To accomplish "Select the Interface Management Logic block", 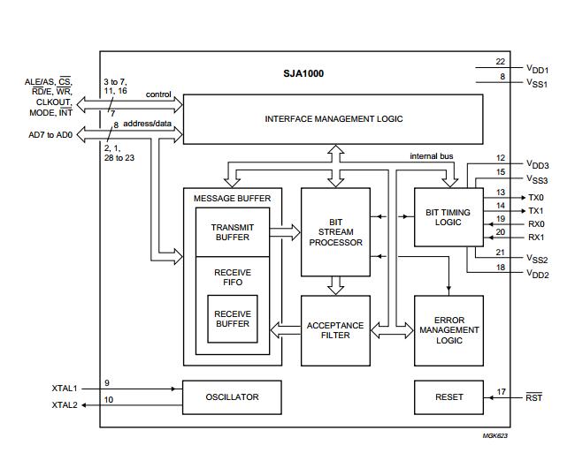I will pyautogui.click(x=333, y=118).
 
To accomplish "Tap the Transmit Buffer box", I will pyautogui.click(x=232, y=232).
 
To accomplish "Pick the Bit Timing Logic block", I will pyautogui.click(x=448, y=217).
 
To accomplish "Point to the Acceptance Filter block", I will pyautogui.click(x=334, y=330).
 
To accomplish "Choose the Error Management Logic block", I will pyautogui.click(x=448, y=329).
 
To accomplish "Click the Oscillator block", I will pyautogui.click(x=232, y=396).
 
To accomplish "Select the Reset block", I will pyautogui.click(x=448, y=396).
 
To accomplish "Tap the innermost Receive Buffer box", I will pyautogui.click(x=232, y=319).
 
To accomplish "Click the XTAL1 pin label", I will pyautogui.click(x=65, y=388).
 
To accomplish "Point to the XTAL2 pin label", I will pyautogui.click(x=65, y=404).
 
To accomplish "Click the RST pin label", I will pyautogui.click(x=533, y=397).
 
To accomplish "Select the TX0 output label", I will pyautogui.click(x=536, y=197).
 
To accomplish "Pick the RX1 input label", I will pyautogui.click(x=536, y=237).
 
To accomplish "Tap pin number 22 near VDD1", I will pyautogui.click(x=500, y=62).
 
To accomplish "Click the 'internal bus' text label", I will pyautogui.click(x=431, y=156).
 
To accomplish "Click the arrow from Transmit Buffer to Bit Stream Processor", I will pyautogui.click(x=285, y=232).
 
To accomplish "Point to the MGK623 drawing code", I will pyautogui.click(x=495, y=435).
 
